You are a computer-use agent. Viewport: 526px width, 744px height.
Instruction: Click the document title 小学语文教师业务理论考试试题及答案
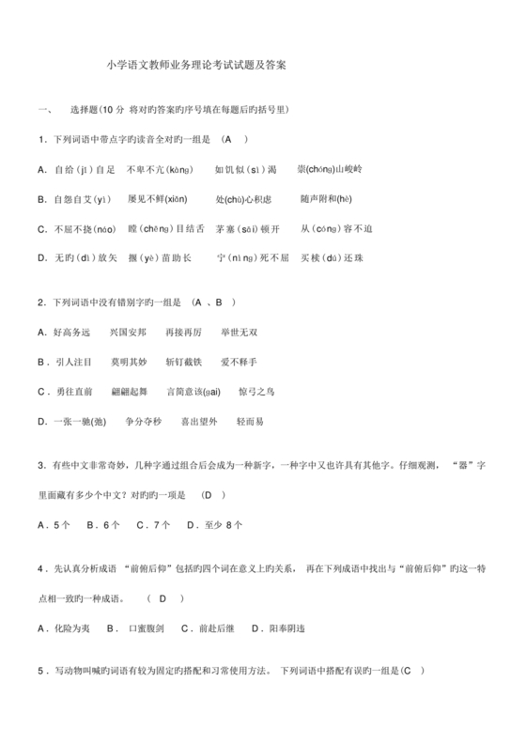(x=196, y=66)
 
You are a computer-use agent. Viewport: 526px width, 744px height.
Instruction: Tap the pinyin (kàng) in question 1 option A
(x=175, y=169)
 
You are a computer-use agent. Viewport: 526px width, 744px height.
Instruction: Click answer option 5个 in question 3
(x=62, y=524)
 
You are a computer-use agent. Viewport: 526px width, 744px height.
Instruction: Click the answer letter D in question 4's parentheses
(x=163, y=598)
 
